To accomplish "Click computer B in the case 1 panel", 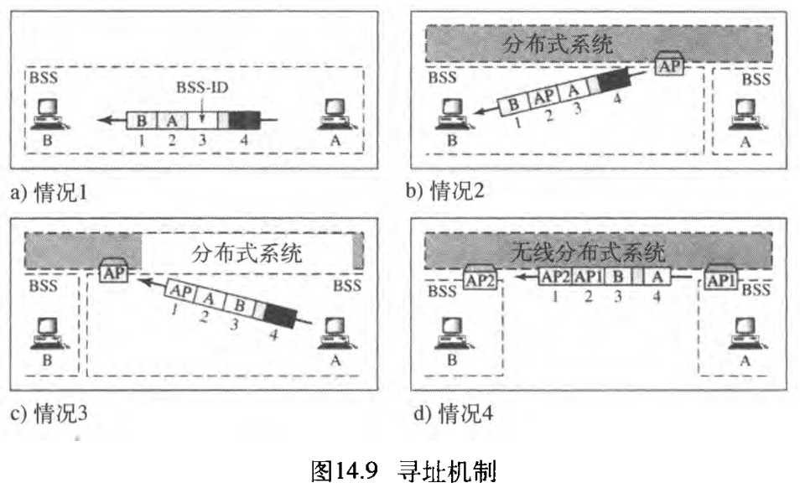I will tap(48, 116).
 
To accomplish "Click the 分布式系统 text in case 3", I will tap(247, 252).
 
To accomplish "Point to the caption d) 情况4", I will tap(448, 413).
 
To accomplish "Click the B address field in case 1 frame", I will tap(141, 121).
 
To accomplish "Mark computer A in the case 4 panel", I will tap(741, 329).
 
